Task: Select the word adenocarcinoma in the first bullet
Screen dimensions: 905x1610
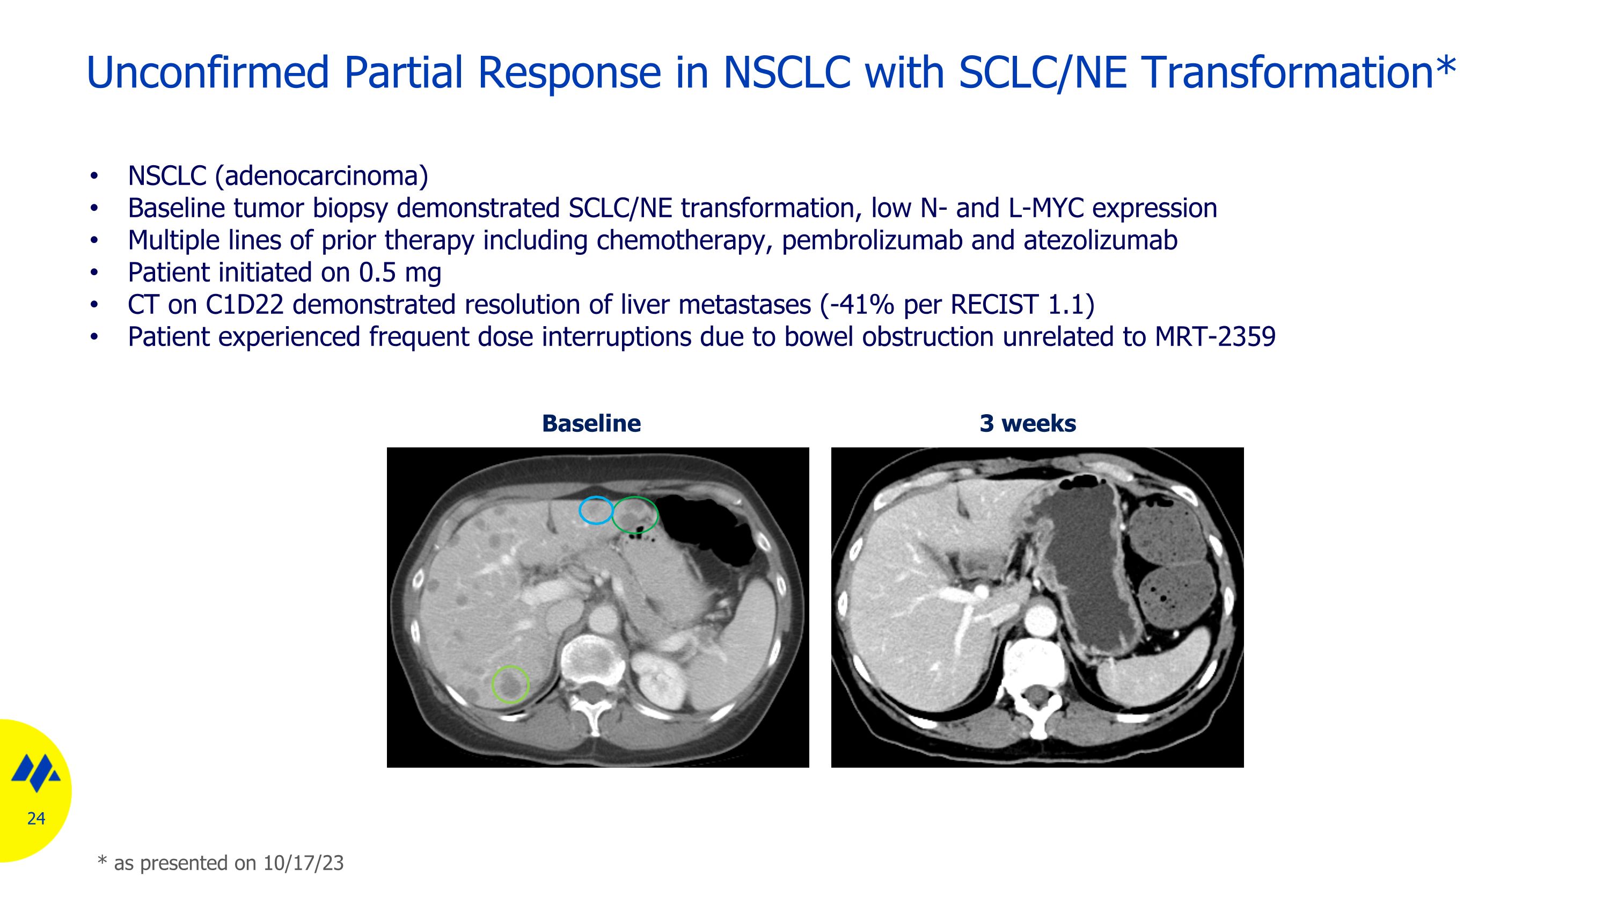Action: pyautogui.click(x=321, y=176)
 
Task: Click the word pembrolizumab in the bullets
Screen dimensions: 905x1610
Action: pyautogui.click(x=871, y=240)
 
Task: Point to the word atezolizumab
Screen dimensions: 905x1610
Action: pyautogui.click(x=1100, y=240)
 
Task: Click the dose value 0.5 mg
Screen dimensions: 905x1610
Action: pyautogui.click(x=400, y=273)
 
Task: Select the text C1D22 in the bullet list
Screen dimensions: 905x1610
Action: pyautogui.click(x=244, y=305)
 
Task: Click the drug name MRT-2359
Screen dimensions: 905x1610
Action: pyautogui.click(x=1214, y=337)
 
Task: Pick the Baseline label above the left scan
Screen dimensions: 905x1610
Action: pyautogui.click(x=591, y=423)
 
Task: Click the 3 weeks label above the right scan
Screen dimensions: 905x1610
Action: pyautogui.click(x=1028, y=423)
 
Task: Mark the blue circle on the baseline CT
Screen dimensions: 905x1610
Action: pyautogui.click(x=596, y=510)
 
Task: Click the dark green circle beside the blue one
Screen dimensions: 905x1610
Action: pyautogui.click(x=635, y=514)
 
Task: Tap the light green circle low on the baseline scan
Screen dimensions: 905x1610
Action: pyautogui.click(x=510, y=685)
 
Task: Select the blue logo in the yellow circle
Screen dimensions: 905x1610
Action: pyautogui.click(x=35, y=773)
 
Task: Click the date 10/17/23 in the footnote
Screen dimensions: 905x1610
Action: pyautogui.click(x=303, y=863)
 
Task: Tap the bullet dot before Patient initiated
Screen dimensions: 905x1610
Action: pyautogui.click(x=94, y=273)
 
